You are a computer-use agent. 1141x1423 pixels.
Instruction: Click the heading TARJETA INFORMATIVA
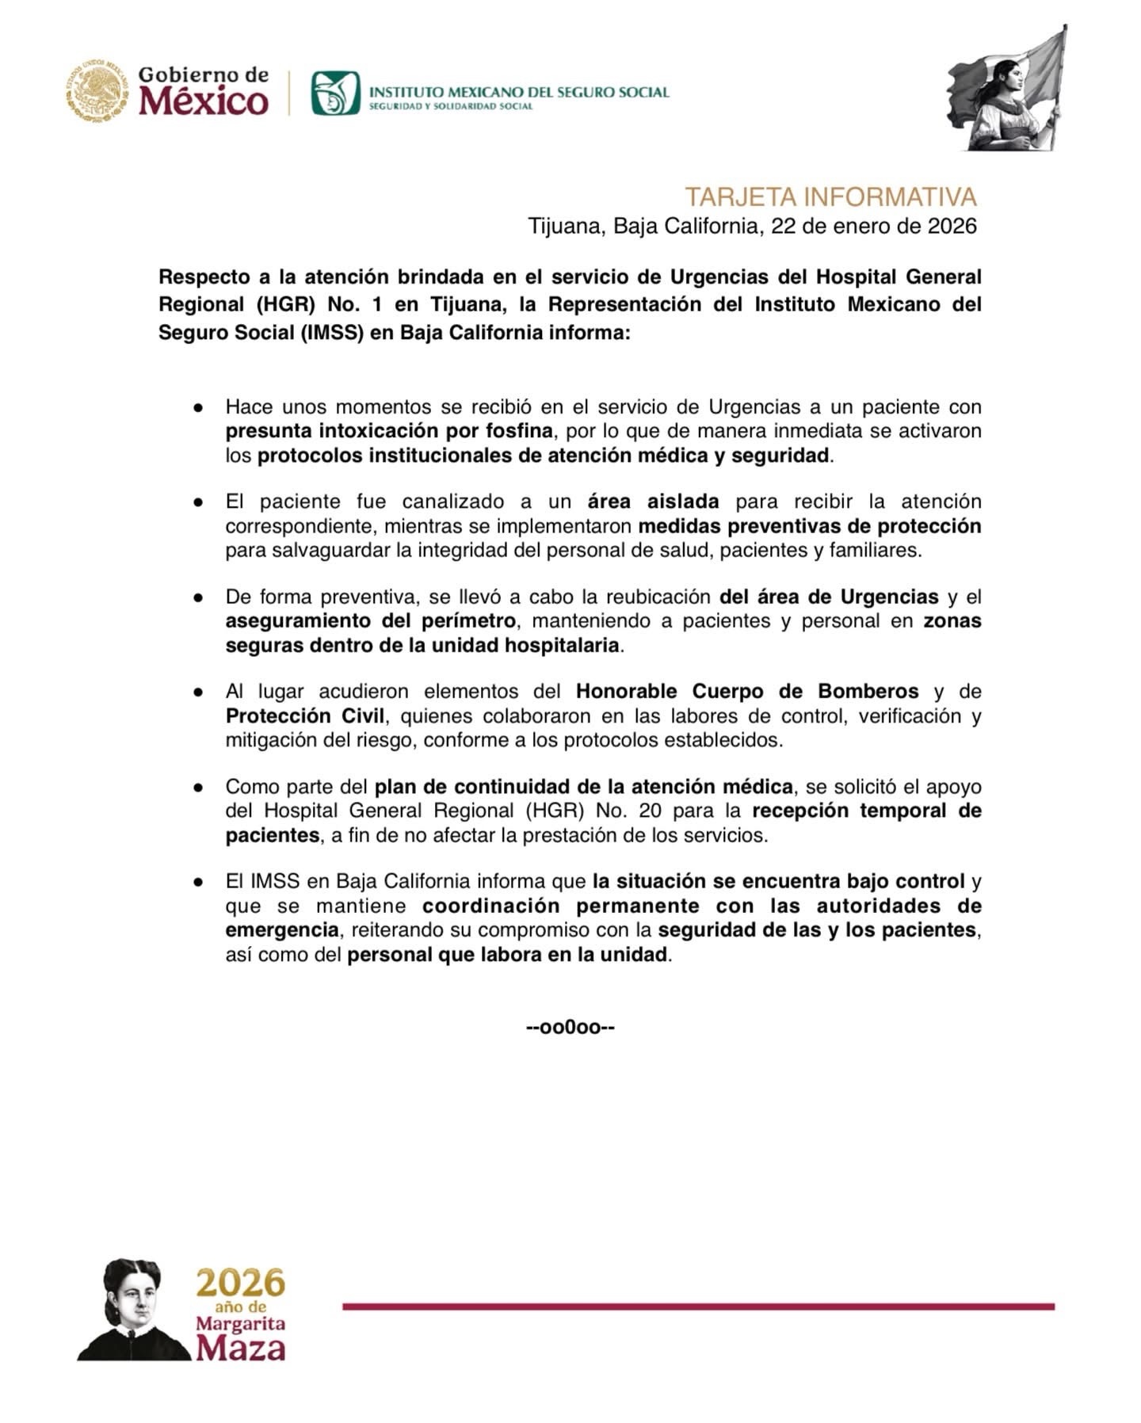830,196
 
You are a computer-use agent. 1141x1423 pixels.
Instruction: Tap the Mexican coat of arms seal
97,91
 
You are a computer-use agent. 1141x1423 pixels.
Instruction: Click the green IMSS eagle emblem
335,93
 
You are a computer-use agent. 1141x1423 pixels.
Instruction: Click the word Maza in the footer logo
241,1348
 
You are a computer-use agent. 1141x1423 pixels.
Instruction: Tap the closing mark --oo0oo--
570,1028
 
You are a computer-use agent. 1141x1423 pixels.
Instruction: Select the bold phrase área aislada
653,502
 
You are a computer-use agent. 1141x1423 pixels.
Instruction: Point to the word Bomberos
868,691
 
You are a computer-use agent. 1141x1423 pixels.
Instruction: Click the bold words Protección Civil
305,715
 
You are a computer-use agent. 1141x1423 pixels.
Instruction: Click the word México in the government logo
204,101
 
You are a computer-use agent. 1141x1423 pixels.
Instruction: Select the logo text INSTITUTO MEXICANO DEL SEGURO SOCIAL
520,92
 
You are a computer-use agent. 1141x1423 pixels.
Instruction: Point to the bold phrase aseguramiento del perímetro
371,620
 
